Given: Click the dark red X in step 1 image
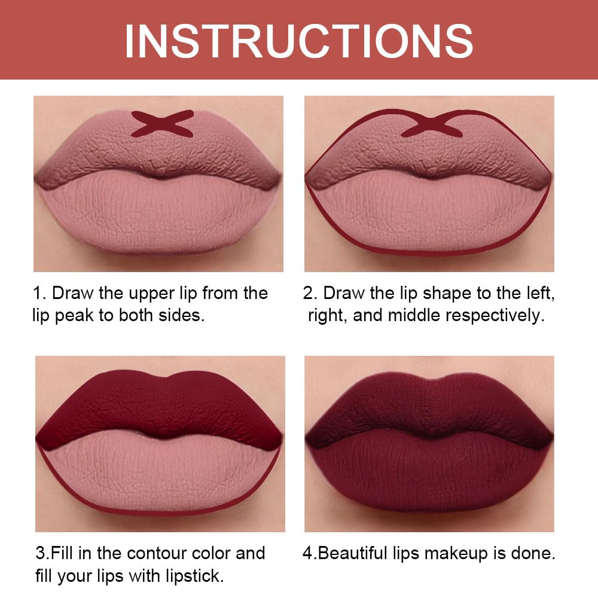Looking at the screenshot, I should (x=162, y=123).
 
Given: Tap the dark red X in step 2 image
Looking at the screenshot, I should (x=431, y=123).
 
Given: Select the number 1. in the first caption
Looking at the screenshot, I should (x=39, y=294).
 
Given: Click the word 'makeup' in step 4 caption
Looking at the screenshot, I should (x=454, y=553).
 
